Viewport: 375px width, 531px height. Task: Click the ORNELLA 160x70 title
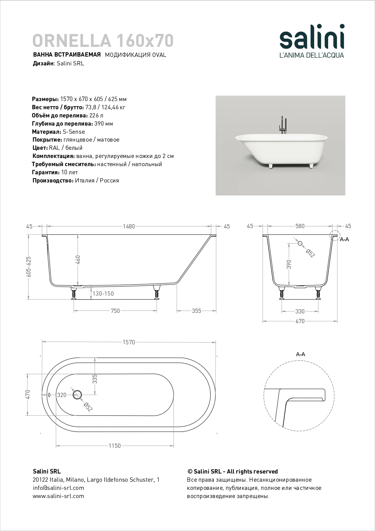pyautogui.click(x=103, y=41)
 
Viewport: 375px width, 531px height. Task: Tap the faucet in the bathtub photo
pyautogui.click(x=282, y=125)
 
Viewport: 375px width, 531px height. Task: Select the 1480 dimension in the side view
pyautogui.click(x=129, y=226)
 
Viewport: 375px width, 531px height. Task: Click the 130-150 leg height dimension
pyautogui.click(x=103, y=293)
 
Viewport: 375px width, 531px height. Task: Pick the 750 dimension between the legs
pyautogui.click(x=115, y=311)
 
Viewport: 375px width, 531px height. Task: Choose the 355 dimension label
pyautogui.click(x=196, y=311)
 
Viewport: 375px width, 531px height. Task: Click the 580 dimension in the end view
pyautogui.click(x=300, y=226)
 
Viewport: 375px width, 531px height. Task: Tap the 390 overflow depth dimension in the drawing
pyautogui.click(x=289, y=264)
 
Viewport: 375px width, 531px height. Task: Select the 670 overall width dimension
pyautogui.click(x=300, y=321)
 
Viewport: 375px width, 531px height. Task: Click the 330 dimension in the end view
pyautogui.click(x=300, y=311)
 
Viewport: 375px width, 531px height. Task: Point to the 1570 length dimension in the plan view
pyautogui.click(x=129, y=342)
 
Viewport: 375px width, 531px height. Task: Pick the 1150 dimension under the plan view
pyautogui.click(x=115, y=446)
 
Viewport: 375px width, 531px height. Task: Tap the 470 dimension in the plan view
pyautogui.click(x=28, y=395)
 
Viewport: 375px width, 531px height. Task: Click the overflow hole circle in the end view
pyautogui.click(x=300, y=243)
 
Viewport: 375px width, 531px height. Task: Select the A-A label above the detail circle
pyautogui.click(x=300, y=354)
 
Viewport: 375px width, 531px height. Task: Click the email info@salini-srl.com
pyautogui.click(x=58, y=488)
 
